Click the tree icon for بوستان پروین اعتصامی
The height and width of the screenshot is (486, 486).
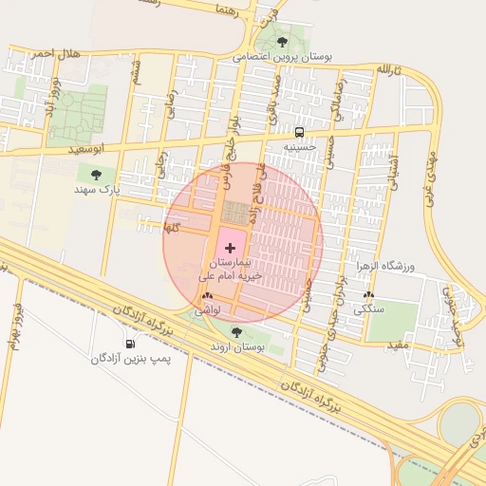pos(282,41)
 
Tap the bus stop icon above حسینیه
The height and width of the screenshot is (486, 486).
pos(300,132)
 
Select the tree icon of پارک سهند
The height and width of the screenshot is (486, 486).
pos(96,174)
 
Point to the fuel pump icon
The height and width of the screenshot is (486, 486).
pos(130,344)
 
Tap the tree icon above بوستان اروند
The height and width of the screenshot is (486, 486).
pos(236,332)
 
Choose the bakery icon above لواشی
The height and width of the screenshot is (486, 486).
pos(207,297)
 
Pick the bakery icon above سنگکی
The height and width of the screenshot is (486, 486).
pos(368,295)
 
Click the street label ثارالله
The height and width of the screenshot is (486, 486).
pos(390,70)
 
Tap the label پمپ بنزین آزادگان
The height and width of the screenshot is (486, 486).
pos(129,359)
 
